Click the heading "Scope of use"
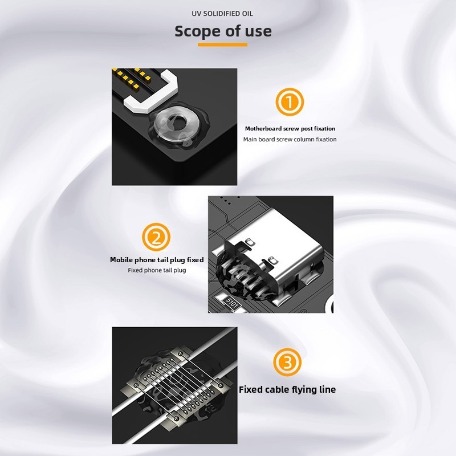tap(223, 31)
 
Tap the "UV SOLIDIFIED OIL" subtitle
tap(222, 14)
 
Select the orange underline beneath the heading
tap(222, 44)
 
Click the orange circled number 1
tap(290, 102)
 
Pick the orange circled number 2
tap(156, 237)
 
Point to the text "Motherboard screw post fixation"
tap(290, 129)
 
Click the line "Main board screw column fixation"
tap(290, 139)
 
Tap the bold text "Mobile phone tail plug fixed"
tap(157, 260)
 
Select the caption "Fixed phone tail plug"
tap(157, 270)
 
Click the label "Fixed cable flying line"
tap(287, 389)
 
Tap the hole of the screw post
tap(177, 120)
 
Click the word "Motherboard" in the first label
tap(263, 129)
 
